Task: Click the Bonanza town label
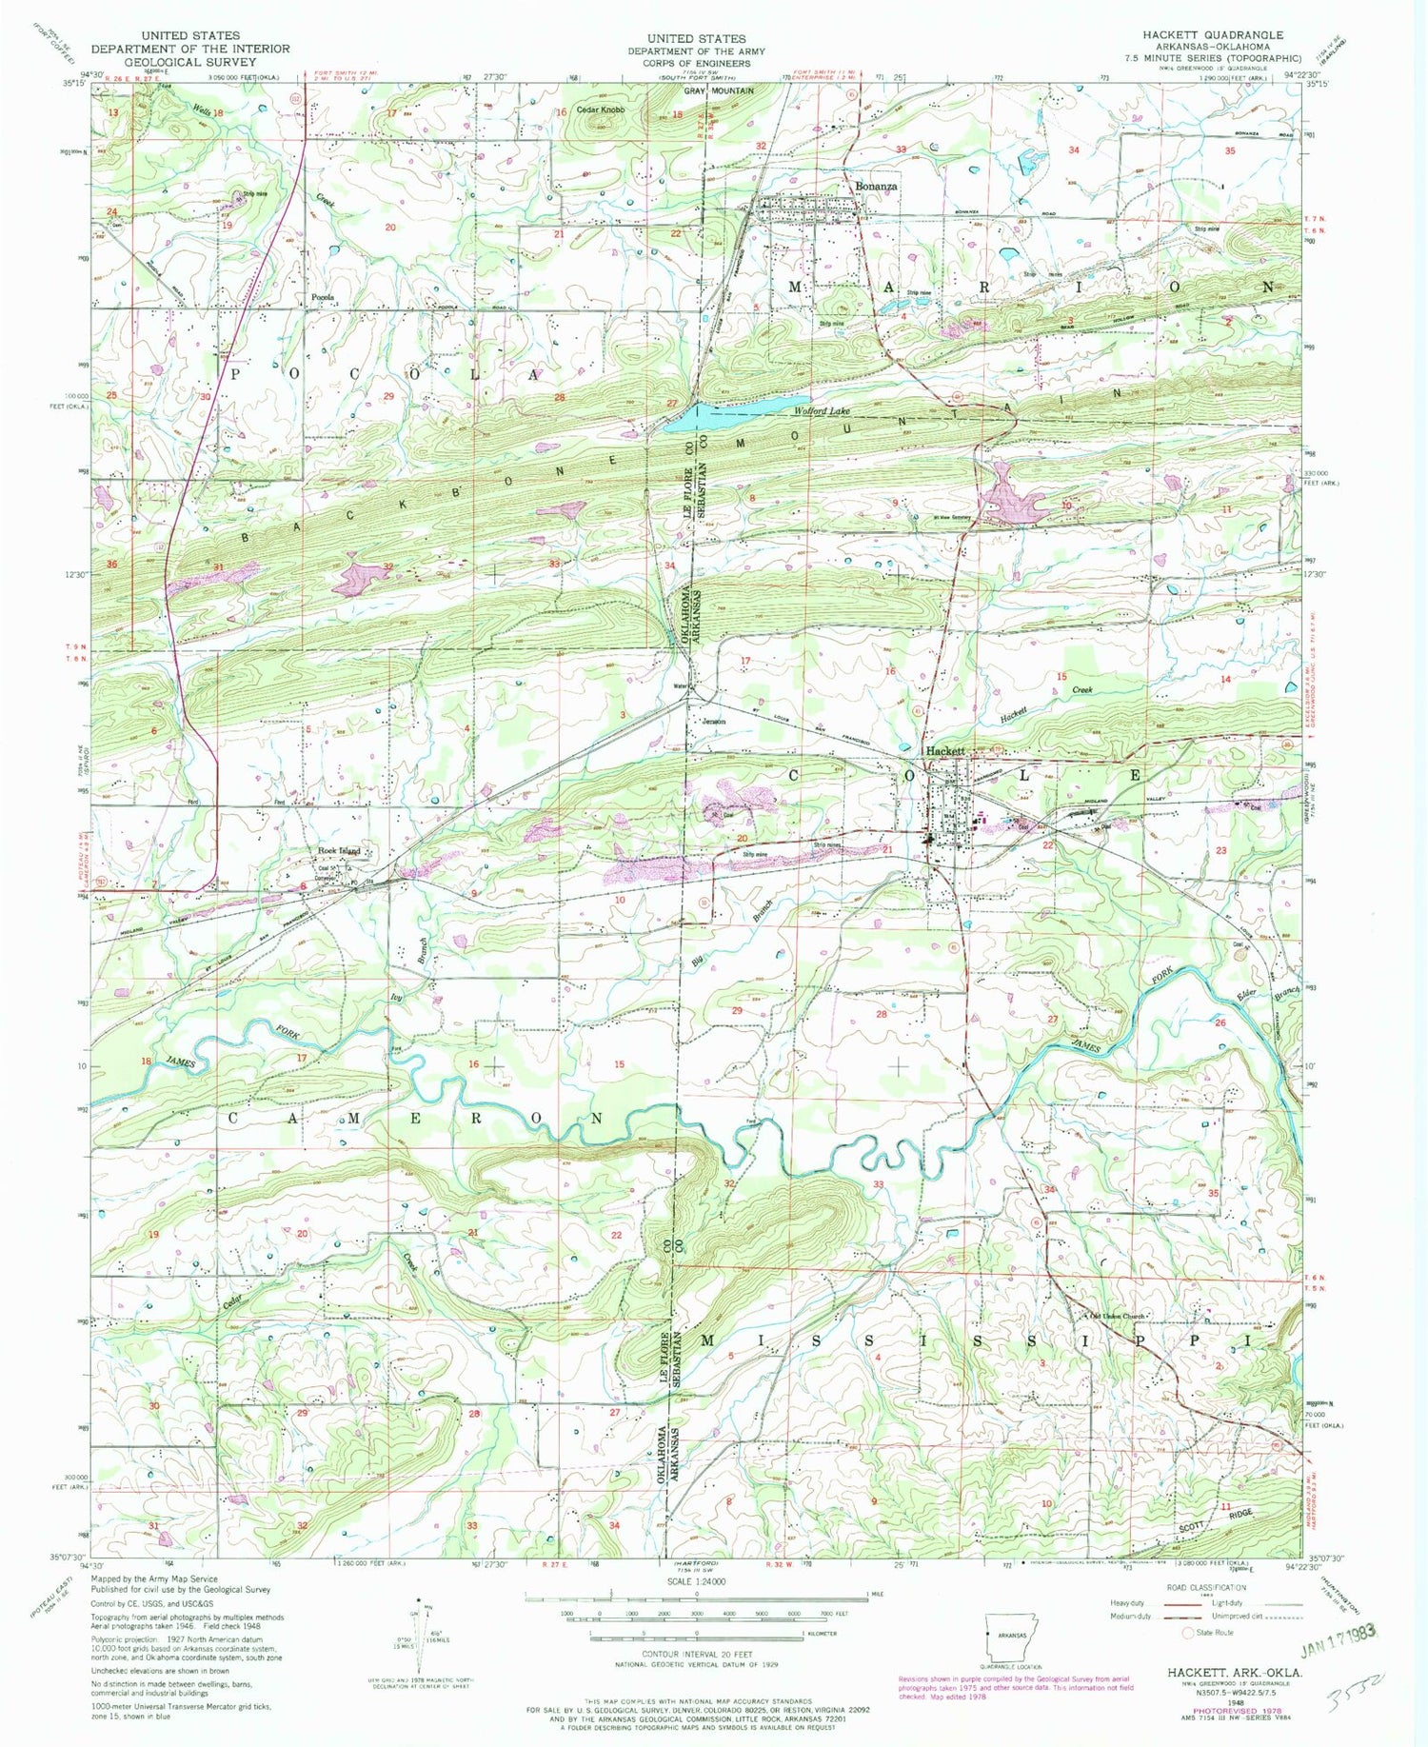[875, 187]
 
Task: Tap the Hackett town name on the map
[946, 751]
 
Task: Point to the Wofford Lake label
[823, 411]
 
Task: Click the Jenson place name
[714, 721]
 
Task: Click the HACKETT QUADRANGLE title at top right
[1213, 34]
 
